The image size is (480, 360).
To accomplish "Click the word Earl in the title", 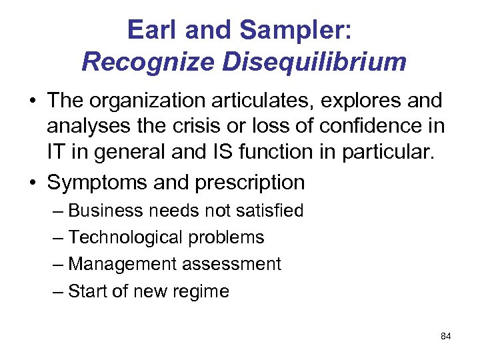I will [153, 29].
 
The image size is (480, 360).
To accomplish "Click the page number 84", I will [446, 337].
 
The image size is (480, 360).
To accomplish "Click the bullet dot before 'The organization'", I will [32, 102].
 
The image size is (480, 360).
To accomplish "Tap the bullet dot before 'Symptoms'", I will [32, 182].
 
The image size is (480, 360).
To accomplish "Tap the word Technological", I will [125, 238].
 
